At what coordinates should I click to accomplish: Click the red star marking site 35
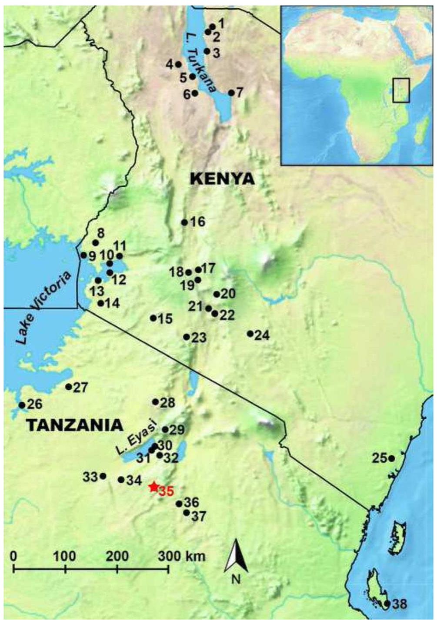pos(153,487)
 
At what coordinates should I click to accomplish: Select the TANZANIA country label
pos(74,425)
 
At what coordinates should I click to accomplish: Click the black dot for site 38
pos(387,603)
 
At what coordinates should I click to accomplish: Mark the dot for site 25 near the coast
pos(391,458)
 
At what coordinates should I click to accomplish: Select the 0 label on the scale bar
pos(14,556)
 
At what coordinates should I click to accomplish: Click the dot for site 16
pos(184,222)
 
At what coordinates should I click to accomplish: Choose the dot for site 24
pos(250,334)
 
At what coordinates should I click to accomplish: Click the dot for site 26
pos(22,405)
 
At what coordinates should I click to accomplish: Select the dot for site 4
pos(178,64)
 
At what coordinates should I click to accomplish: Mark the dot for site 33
pos(103,476)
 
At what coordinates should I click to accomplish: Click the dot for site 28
pos(156,402)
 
